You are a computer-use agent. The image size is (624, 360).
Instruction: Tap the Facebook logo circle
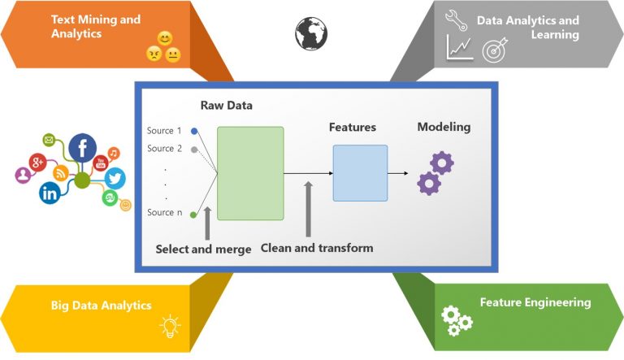(82, 148)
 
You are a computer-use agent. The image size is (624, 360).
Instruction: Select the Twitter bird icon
(115, 178)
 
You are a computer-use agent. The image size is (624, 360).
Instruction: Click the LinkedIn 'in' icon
(50, 193)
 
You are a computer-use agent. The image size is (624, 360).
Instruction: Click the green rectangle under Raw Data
(250, 172)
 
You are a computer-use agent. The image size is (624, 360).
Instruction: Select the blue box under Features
(360, 172)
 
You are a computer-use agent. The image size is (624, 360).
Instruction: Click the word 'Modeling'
(444, 127)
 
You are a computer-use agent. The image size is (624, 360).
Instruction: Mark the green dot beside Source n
(193, 215)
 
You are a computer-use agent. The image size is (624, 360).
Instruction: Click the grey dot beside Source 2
(193, 149)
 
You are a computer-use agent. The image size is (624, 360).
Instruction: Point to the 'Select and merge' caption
(203, 249)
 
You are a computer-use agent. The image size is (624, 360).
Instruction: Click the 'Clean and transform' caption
(317, 248)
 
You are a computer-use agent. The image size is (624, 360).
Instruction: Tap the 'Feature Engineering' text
(535, 302)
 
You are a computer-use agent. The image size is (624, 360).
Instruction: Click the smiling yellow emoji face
(165, 38)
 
